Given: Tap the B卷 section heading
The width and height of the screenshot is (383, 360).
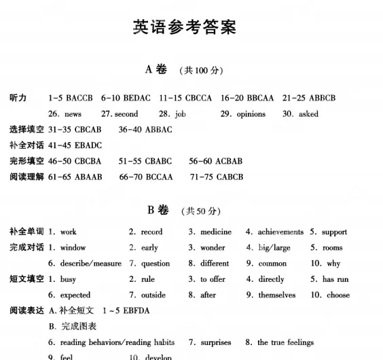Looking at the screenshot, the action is pyautogui.click(x=158, y=210).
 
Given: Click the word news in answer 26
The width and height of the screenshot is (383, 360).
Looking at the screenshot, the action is pyautogui.click(x=73, y=114).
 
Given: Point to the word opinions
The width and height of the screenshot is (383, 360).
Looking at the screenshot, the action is pyautogui.click(x=251, y=114).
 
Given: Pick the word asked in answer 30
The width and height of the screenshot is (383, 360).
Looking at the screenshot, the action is pyautogui.click(x=308, y=114).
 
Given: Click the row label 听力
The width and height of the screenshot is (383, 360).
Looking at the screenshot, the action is pyautogui.click(x=18, y=98).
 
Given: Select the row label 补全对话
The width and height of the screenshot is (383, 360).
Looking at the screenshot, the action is pyautogui.click(x=26, y=145).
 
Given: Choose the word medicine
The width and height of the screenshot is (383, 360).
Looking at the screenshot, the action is pyautogui.click(x=216, y=232).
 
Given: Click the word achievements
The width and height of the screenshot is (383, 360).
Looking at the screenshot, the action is pyautogui.click(x=280, y=232).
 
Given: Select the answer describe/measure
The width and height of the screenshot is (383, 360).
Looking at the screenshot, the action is pyautogui.click(x=90, y=264).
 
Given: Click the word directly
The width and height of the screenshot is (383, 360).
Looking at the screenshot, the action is pyautogui.click(x=272, y=279).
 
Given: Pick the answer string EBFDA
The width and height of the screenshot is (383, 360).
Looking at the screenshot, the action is pyautogui.click(x=134, y=311).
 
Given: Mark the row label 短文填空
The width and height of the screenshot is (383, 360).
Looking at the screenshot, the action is pyautogui.click(x=26, y=279).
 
